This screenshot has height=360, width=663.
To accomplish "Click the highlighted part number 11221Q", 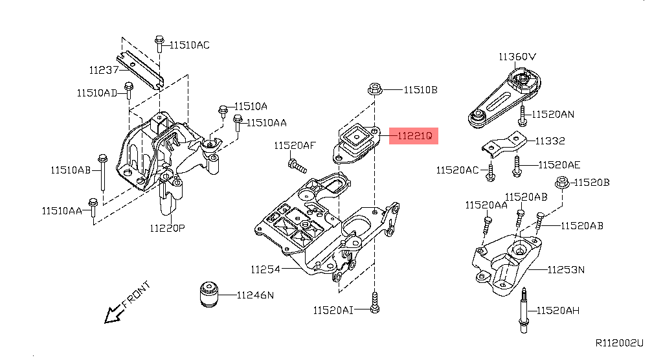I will (414, 136).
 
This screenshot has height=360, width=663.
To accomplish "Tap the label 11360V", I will (517, 56).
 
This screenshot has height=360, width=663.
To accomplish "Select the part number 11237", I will (104, 69).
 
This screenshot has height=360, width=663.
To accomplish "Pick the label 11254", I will (266, 269).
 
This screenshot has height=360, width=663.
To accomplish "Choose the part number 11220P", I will (167, 228).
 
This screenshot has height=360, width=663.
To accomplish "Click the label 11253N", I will (566, 269).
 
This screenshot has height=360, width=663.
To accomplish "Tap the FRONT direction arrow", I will (115, 314).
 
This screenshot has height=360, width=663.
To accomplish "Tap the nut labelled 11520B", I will (562, 184).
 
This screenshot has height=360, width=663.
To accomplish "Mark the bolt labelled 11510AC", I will (159, 44).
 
